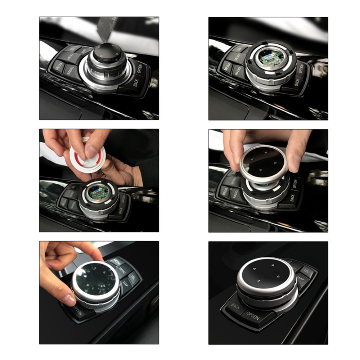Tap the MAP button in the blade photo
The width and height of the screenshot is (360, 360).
coord(84,51)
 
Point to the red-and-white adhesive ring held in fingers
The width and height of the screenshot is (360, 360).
coord(87,154)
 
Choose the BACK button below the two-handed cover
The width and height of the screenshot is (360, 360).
coord(292,198)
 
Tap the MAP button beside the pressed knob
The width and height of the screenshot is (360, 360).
coord(126,283)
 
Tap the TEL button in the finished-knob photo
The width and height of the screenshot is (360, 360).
coord(306,270)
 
